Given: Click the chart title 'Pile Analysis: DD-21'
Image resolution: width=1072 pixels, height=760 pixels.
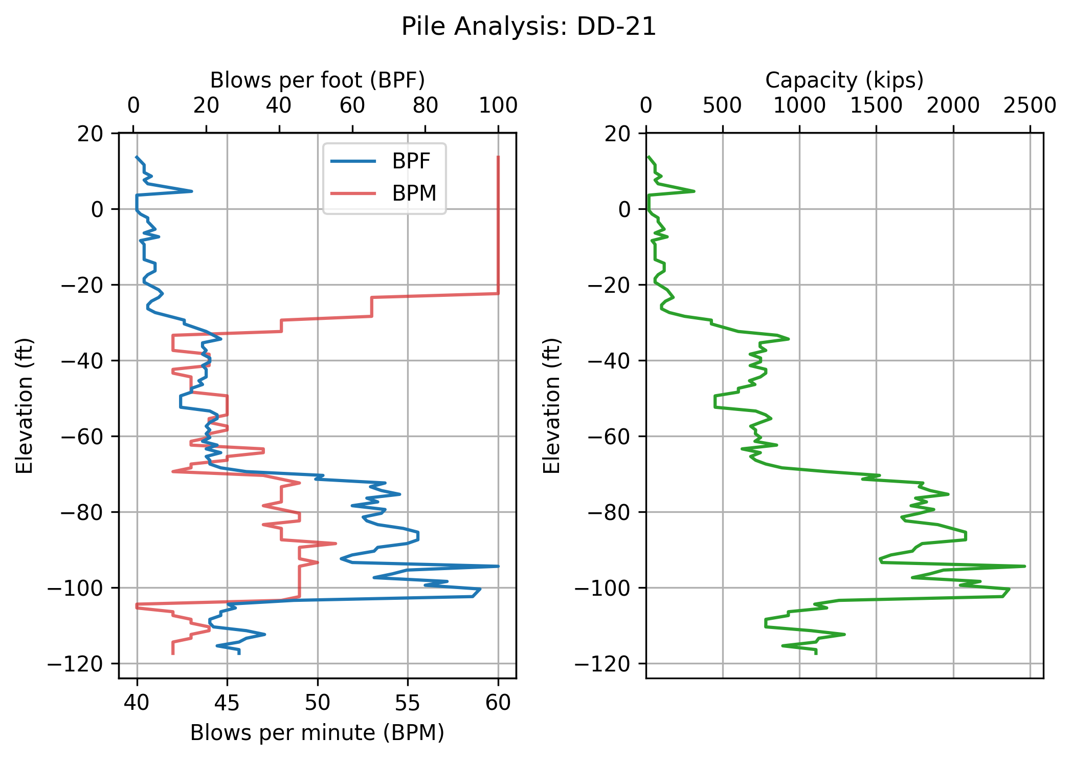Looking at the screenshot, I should tap(528, 27).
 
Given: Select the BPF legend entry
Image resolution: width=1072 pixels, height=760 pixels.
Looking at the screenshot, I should tap(411, 161).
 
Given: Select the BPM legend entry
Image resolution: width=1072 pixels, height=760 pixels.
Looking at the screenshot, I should tap(414, 193).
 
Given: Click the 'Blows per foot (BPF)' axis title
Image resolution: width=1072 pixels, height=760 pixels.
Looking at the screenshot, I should tap(317, 80).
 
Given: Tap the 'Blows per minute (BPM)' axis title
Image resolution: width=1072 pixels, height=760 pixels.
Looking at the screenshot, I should tap(317, 733).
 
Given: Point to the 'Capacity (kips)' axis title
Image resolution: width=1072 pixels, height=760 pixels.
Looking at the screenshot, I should tap(844, 80).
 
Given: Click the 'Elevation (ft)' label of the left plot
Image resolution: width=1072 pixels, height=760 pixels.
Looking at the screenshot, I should tap(25, 405).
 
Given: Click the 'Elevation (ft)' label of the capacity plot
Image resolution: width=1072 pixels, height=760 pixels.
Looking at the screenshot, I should tap(551, 405).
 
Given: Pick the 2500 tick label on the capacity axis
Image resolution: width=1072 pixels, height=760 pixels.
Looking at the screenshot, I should tap(1030, 106).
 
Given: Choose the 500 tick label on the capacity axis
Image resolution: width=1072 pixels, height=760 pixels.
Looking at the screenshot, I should tap(722, 106).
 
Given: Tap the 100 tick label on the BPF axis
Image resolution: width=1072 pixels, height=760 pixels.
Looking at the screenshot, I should tap(498, 106).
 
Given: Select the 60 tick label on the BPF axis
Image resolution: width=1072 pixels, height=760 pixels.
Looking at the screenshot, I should tap(352, 106).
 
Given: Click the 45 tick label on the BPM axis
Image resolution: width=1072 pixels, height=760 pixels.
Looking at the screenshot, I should tap(227, 703).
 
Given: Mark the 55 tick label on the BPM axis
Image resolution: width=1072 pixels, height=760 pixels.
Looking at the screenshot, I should tap(408, 703).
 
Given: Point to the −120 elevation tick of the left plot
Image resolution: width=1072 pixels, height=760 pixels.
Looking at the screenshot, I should tap(82, 664).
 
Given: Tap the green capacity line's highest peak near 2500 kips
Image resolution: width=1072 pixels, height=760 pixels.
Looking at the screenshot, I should tap(1024, 566).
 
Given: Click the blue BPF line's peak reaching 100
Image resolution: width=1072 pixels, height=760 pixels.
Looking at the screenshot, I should tap(498, 566).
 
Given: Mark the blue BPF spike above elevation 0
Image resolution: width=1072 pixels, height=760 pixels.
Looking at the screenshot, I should tap(191, 191).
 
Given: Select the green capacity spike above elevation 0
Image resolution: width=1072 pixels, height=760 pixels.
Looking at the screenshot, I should tap(694, 191).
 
